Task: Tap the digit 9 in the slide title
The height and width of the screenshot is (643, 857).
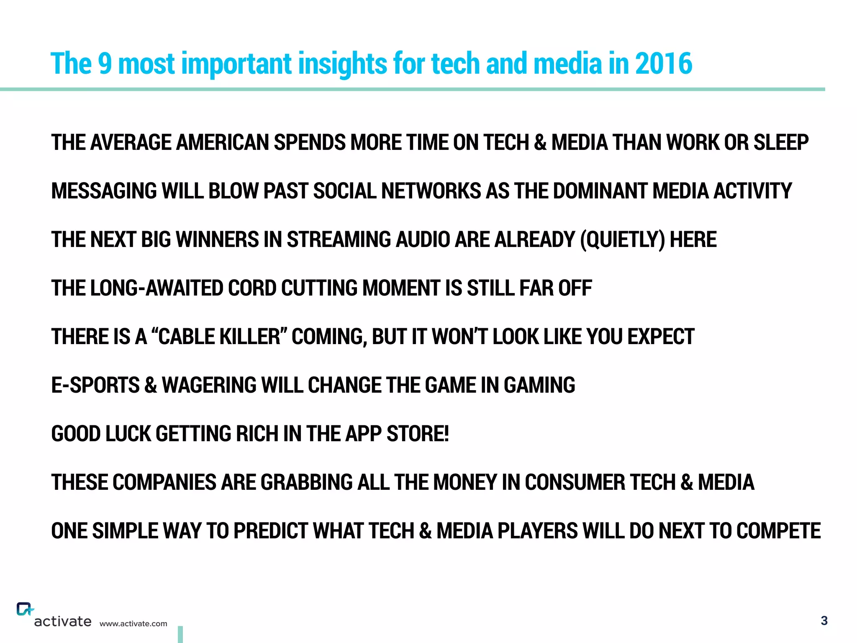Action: (x=105, y=64)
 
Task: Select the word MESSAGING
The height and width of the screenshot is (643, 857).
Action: (x=104, y=191)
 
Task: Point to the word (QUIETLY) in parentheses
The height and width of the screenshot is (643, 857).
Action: (x=622, y=240)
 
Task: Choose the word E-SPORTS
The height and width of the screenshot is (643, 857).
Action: (x=95, y=386)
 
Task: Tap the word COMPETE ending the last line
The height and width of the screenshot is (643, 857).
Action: (x=778, y=531)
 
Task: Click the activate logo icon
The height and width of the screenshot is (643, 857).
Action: (x=25, y=609)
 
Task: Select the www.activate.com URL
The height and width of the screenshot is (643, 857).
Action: (x=133, y=624)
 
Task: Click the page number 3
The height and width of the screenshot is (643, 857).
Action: (x=824, y=621)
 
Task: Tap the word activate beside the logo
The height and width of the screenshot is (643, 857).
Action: (x=63, y=622)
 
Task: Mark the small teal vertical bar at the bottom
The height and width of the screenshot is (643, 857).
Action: (x=180, y=634)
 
